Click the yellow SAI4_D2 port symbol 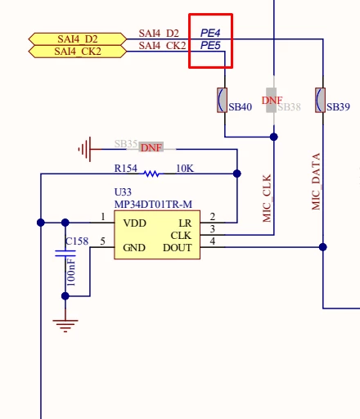click(x=78, y=39)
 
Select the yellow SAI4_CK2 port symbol click(x=78, y=52)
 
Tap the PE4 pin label click(x=210, y=33)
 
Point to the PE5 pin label click(x=210, y=45)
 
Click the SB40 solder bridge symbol click(x=222, y=100)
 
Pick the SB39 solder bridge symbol click(x=320, y=100)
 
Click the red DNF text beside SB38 click(x=272, y=101)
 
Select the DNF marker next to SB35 click(x=151, y=148)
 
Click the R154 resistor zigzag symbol click(x=151, y=173)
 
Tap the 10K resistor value click(x=185, y=169)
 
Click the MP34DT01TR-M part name click(x=153, y=205)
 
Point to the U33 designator click(x=123, y=192)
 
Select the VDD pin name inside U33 click(x=134, y=223)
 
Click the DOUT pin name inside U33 click(x=178, y=248)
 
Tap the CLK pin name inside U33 click(x=181, y=236)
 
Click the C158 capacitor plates click(x=65, y=254)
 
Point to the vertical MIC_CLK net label click(x=267, y=198)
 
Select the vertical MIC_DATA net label click(x=316, y=182)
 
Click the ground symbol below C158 click(x=65, y=326)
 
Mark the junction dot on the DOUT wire click(x=323, y=247)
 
